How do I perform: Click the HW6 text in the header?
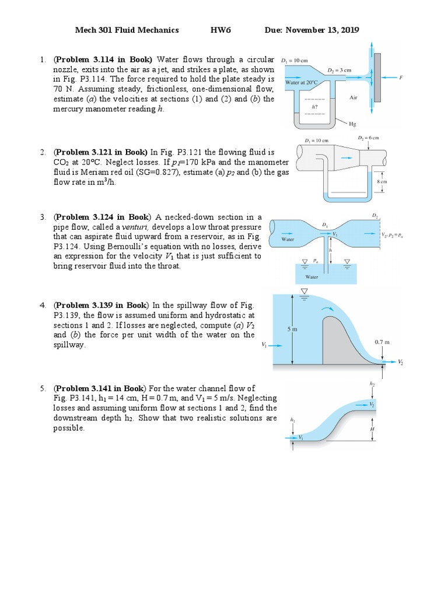(x=220, y=30)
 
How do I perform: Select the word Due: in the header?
(x=274, y=30)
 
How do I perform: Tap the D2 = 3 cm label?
(x=339, y=69)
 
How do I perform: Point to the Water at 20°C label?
(x=301, y=83)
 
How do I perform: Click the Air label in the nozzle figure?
(x=353, y=97)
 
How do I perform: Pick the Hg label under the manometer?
(x=351, y=124)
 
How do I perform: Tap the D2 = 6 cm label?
(x=368, y=138)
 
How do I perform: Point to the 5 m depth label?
(x=292, y=329)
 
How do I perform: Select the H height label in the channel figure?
(x=372, y=429)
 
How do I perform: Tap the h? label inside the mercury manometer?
(x=315, y=107)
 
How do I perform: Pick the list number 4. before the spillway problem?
(x=43, y=305)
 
